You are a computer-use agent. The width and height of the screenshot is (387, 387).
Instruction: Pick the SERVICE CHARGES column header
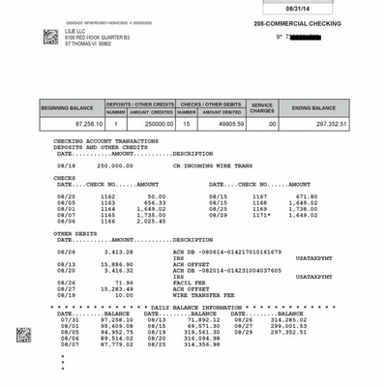[262, 108]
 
